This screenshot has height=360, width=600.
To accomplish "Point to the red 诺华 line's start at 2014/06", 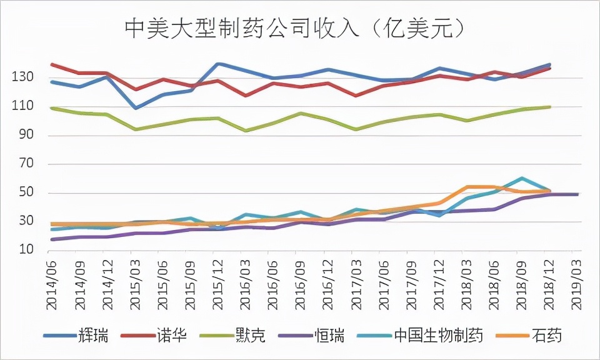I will (x=52, y=64).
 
